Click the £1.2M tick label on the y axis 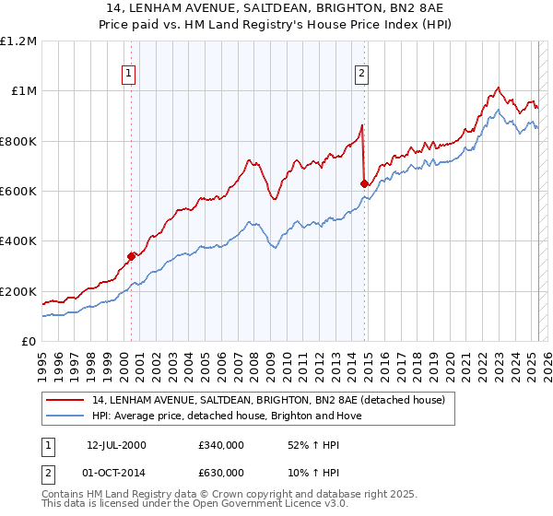(18, 41)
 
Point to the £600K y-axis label (18, 192)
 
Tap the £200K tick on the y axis (18, 292)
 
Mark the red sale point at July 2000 (132, 256)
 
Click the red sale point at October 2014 (364, 183)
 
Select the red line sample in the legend (66, 400)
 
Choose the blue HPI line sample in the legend (66, 416)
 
